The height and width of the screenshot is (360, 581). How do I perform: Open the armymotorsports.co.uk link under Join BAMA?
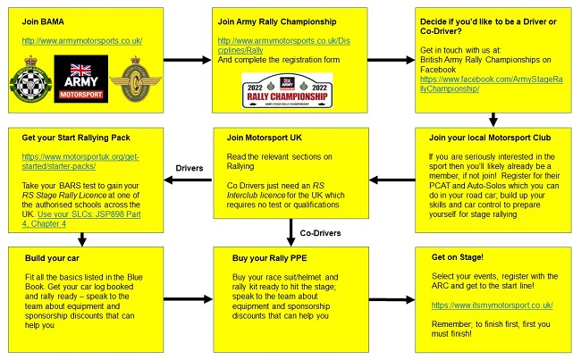point(78,41)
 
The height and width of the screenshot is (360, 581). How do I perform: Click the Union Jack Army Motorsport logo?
point(81,79)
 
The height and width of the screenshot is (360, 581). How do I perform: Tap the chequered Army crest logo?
point(31,80)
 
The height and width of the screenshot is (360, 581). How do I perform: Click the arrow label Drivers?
point(189,167)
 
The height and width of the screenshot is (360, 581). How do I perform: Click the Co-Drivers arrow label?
point(318,233)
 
